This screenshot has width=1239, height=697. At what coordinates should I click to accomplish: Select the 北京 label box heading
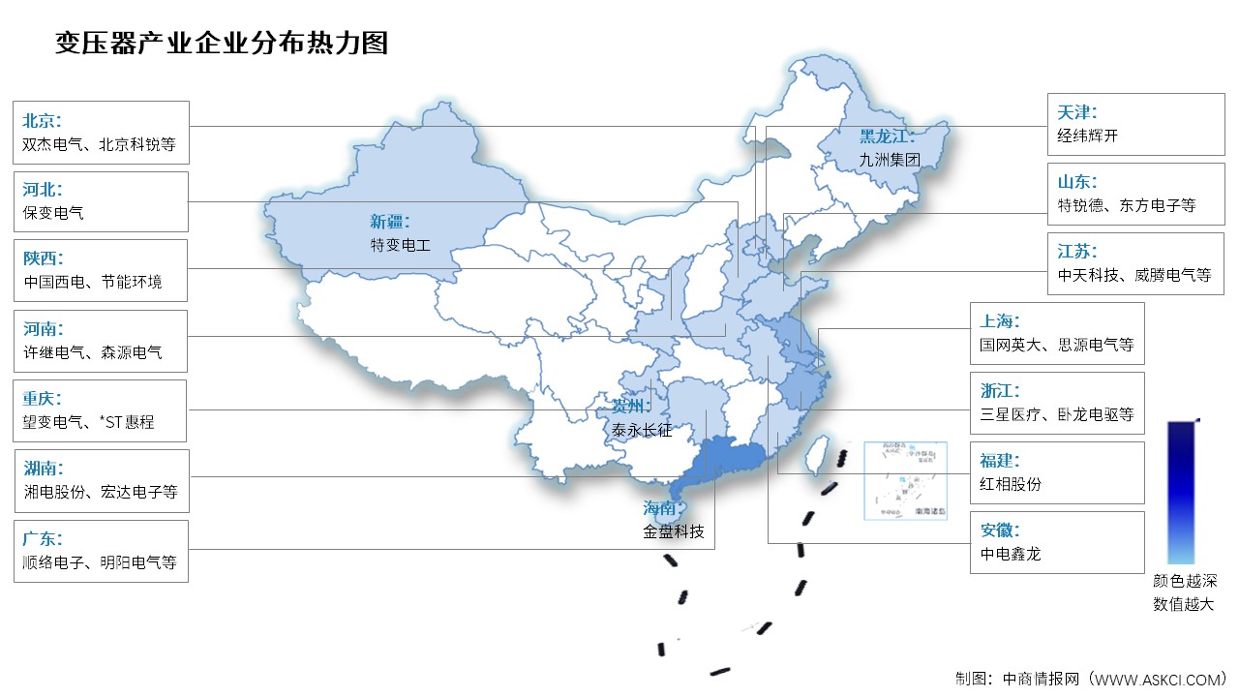42,121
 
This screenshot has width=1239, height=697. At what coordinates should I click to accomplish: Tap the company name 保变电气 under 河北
53,213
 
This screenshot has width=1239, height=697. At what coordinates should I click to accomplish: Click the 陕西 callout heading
42,258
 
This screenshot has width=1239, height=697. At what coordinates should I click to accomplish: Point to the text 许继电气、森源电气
92,353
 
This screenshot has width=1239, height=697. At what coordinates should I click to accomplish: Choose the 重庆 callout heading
42,399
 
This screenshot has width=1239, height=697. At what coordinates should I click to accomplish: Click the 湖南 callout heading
42,469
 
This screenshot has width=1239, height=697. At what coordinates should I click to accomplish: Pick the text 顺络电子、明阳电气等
100,562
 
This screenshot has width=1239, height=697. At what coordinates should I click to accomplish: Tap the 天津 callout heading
1077,112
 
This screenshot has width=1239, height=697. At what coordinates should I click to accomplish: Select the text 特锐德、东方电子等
1127,205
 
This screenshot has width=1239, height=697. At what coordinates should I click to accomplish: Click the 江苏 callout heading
1077,251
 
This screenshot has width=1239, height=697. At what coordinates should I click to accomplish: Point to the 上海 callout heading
1000,321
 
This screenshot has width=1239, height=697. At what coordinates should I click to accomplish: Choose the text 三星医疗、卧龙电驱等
1056,414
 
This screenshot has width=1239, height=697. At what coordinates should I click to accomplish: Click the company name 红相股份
1011,484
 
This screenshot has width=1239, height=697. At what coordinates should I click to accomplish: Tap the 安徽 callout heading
1000,530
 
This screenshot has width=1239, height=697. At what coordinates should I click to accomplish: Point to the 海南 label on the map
664,508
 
